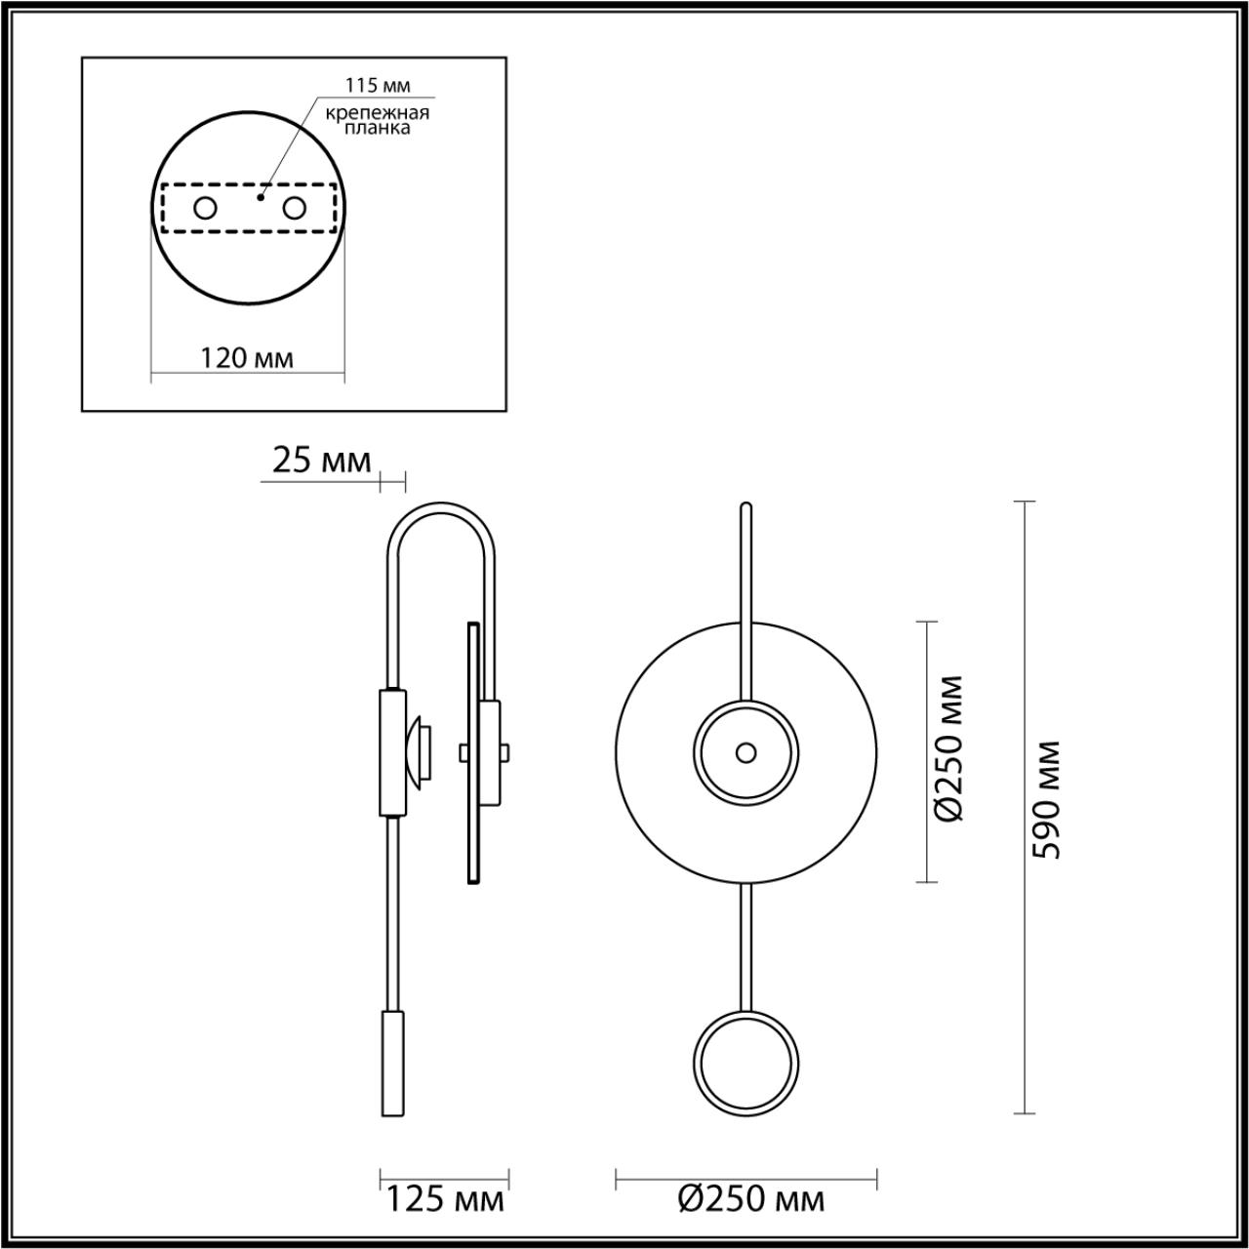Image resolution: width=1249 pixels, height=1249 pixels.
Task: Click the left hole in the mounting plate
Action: pyautogui.click(x=205, y=208)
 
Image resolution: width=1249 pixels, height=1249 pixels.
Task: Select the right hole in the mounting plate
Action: pyautogui.click(x=294, y=208)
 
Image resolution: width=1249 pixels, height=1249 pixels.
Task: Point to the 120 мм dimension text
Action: pyautogui.click(x=247, y=358)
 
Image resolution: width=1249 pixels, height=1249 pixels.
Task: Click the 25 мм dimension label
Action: pyautogui.click(x=321, y=461)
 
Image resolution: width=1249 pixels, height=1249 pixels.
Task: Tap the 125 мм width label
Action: pyautogui.click(x=445, y=1200)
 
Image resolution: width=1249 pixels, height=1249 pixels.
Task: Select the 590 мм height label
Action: pyautogui.click(x=1048, y=798)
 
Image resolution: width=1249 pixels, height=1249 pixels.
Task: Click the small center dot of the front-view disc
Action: pyautogui.click(x=745, y=752)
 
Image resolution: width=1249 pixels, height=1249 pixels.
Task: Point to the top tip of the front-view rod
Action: pyautogui.click(x=746, y=506)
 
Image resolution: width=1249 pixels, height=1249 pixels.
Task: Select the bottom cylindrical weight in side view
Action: pyautogui.click(x=391, y=1064)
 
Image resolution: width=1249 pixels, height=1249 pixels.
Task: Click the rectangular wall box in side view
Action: pyautogui.click(x=391, y=751)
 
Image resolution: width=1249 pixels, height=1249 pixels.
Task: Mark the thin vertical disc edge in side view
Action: pyautogui.click(x=473, y=751)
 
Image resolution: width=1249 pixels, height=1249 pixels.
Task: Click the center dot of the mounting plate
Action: pyautogui.click(x=260, y=197)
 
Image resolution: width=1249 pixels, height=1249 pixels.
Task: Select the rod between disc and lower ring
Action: pyautogui.click(x=746, y=947)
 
